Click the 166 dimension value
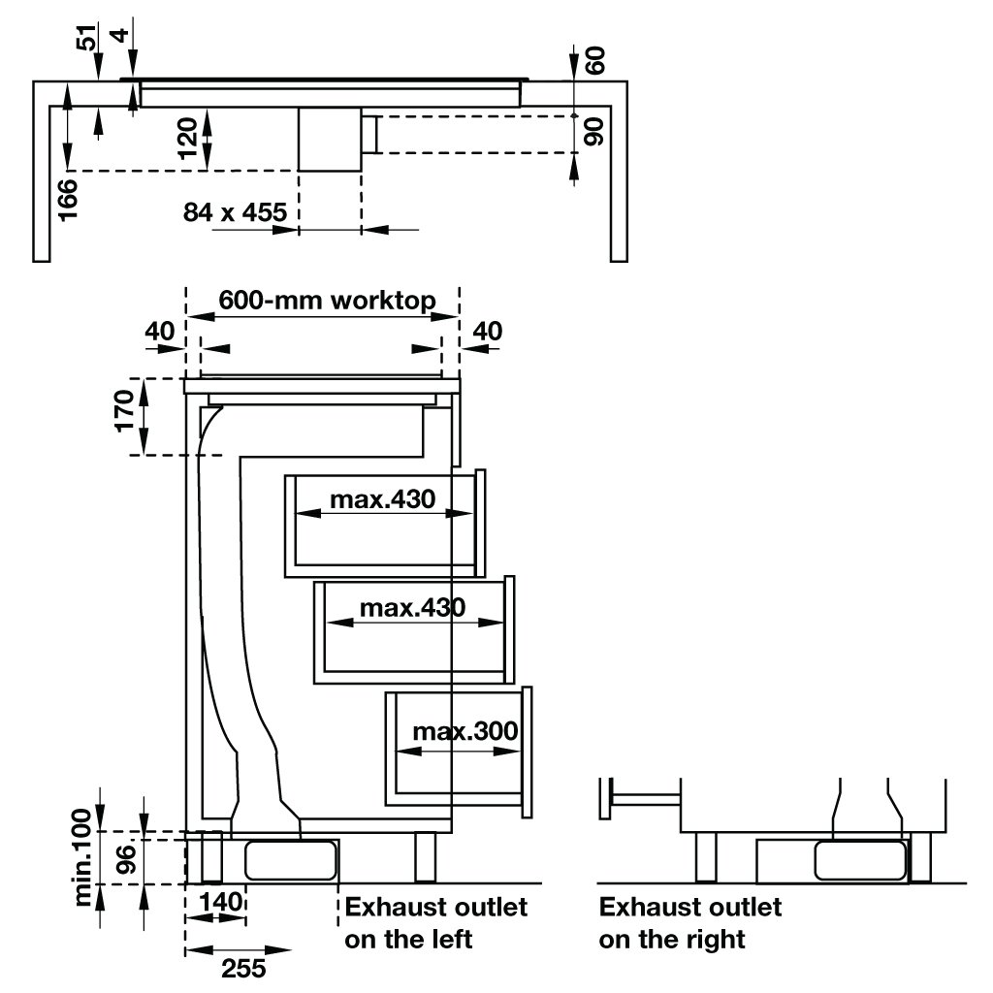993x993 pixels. click(68, 199)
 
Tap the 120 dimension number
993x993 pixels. click(189, 138)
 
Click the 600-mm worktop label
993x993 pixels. click(325, 299)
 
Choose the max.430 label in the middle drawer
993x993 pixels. click(412, 608)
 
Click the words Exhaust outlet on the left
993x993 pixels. click(436, 922)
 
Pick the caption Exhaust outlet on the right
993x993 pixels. click(689, 922)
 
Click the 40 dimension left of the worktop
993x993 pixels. click(160, 331)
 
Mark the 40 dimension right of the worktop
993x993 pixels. click(487, 331)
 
